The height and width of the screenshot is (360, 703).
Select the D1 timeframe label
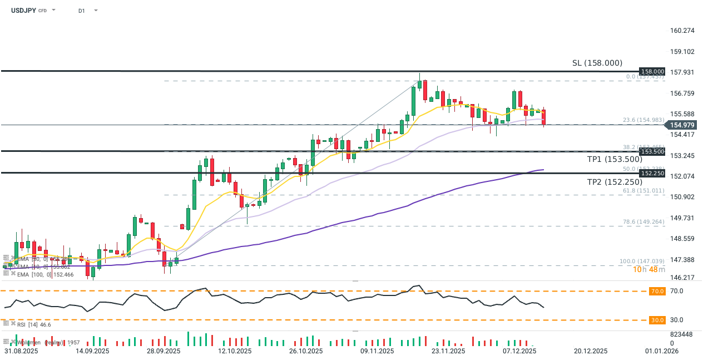click(x=82, y=11)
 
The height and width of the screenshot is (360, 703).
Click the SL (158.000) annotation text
click(x=597, y=63)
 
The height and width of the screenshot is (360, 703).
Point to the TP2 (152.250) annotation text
click(x=615, y=182)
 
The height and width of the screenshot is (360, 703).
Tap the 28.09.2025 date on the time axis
click(x=164, y=351)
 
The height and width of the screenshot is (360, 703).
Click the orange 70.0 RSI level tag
click(x=657, y=291)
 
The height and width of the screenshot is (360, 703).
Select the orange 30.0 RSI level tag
click(x=657, y=320)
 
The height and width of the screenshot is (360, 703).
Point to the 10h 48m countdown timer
click(x=650, y=270)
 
